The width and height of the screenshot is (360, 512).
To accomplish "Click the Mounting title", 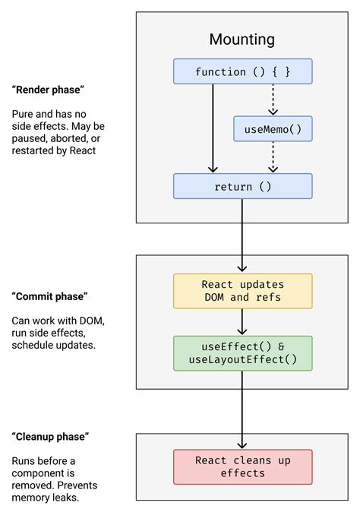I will pos(242,40).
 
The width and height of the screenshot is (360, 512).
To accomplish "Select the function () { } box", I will pos(242,72).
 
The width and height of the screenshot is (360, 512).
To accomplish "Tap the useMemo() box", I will pos(273,129).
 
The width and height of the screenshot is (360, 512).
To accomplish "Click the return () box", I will pos(242,186).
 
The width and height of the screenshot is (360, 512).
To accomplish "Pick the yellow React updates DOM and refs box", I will pos(242,291).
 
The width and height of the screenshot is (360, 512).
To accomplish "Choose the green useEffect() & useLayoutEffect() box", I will pos(242,353).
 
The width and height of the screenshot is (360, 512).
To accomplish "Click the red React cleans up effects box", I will pos(242,466).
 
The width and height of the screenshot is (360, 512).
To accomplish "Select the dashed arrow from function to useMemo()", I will pos(273,100).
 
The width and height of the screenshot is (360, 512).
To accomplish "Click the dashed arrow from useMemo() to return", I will pos(273,157).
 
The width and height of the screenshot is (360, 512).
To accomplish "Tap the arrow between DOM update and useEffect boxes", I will pos(242,322).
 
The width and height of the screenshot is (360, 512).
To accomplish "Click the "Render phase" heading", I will pos(48,90).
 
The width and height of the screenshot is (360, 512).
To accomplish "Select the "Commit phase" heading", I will pos(49,296).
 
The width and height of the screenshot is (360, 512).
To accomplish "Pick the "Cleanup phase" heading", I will pos(51,437).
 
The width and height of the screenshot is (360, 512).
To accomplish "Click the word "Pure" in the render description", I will pos(23,114).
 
